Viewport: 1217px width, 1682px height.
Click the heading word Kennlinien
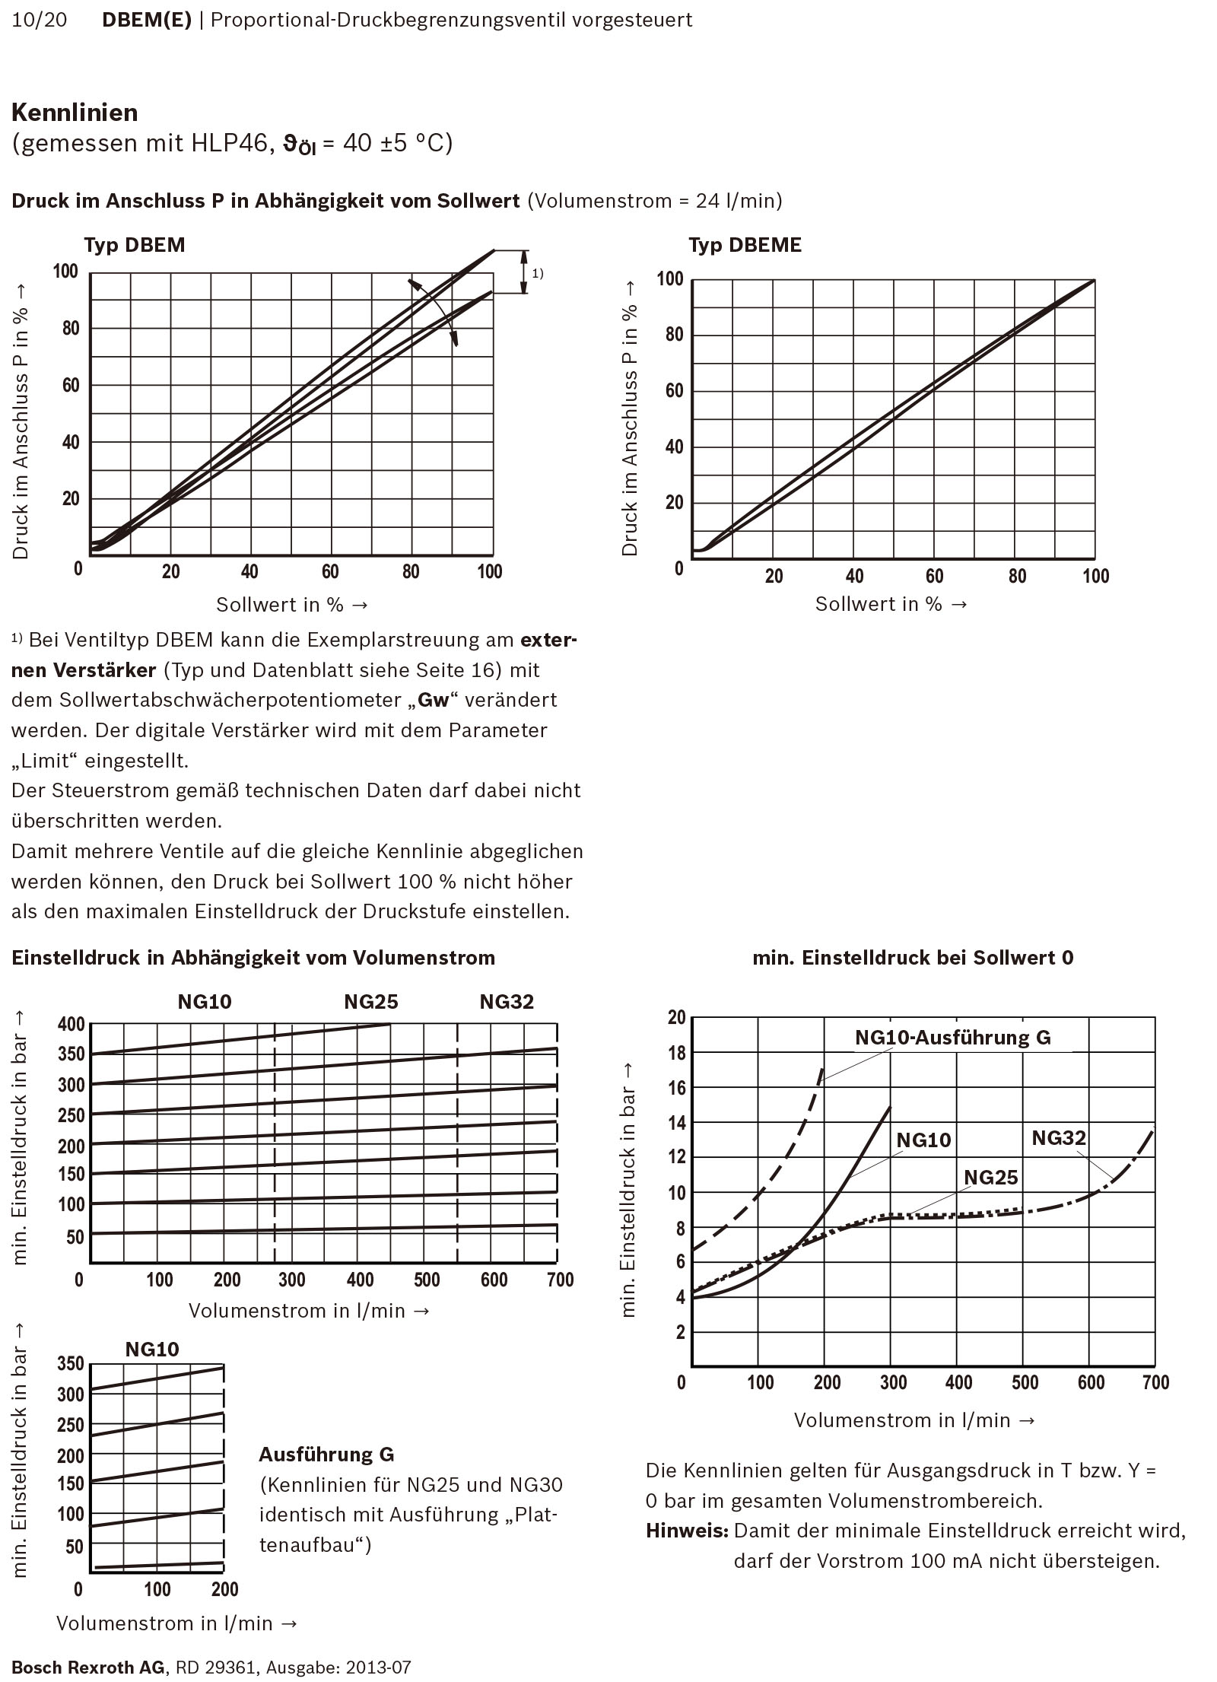tap(75, 113)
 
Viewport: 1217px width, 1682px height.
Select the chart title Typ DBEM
tap(135, 245)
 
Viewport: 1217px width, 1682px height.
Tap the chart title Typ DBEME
tap(745, 245)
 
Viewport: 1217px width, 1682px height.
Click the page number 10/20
tap(40, 20)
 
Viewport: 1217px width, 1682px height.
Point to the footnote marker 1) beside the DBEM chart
tap(537, 273)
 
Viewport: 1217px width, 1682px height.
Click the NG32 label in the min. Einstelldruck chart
tap(1058, 1138)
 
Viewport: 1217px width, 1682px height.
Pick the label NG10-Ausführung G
tap(952, 1038)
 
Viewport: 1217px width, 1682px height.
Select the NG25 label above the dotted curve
tap(990, 1178)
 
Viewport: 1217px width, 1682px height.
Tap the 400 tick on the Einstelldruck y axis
tap(71, 1024)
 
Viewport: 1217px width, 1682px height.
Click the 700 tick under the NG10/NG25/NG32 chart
tap(560, 1280)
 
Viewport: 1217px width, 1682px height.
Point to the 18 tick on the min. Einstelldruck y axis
tap(676, 1053)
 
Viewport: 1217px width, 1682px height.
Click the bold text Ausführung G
tap(326, 1455)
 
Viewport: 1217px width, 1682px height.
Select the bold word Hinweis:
tap(687, 1546)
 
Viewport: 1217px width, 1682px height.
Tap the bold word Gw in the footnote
tap(434, 700)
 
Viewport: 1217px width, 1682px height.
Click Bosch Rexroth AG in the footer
tap(87, 1668)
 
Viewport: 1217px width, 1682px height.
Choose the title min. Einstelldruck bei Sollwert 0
tap(913, 958)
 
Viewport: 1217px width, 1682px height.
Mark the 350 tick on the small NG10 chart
tap(71, 1363)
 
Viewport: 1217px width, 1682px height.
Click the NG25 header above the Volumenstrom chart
tap(371, 1002)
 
